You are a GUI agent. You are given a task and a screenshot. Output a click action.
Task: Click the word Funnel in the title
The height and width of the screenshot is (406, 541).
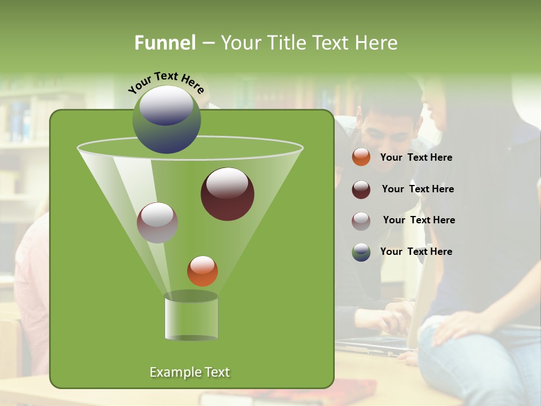tap(165, 43)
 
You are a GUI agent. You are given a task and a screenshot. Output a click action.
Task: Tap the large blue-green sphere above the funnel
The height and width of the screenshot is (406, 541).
tap(166, 119)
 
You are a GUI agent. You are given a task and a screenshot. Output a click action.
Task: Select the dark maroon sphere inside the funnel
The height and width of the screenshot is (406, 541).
tap(227, 194)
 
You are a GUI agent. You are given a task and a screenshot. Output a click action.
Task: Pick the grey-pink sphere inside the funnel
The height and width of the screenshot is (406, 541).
tap(157, 223)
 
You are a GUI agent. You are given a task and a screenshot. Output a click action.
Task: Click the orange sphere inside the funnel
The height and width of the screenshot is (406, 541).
tap(202, 271)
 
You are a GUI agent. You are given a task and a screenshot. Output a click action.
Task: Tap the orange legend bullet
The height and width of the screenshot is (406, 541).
tap(361, 157)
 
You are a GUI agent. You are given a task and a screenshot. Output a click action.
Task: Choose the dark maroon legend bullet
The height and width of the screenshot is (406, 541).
tap(361, 189)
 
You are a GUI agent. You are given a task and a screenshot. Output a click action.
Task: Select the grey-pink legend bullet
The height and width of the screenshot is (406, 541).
tap(361, 220)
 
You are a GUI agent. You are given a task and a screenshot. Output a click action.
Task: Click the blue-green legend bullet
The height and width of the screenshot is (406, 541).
tap(361, 252)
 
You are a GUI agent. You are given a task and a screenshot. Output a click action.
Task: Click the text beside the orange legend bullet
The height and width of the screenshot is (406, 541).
tap(416, 157)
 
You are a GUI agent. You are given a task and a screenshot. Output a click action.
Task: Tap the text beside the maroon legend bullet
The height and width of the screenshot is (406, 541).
tap(418, 189)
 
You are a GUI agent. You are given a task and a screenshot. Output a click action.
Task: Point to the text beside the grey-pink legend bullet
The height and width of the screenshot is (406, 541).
tap(419, 220)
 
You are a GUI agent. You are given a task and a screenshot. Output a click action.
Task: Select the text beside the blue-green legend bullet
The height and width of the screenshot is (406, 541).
tap(416, 251)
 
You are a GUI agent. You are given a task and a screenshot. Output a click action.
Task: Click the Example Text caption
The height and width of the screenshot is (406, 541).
tap(189, 372)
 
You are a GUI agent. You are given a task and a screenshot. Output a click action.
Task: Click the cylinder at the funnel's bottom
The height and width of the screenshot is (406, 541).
tap(191, 317)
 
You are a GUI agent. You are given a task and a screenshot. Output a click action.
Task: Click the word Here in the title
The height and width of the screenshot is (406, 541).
tap(378, 43)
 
